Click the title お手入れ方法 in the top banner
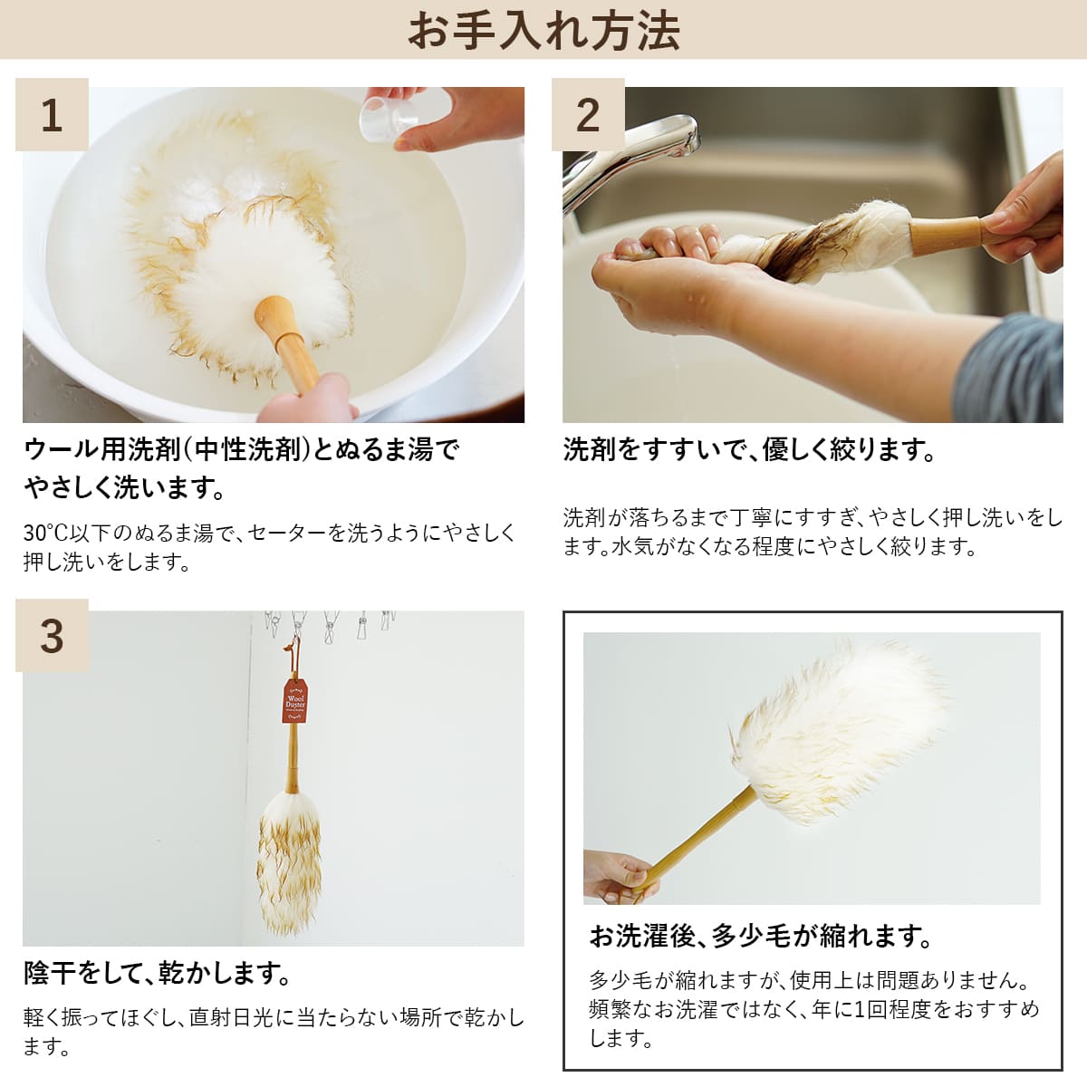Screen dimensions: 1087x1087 tap(543, 32)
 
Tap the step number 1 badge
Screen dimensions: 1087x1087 tap(52, 114)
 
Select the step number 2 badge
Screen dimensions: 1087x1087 tap(588, 114)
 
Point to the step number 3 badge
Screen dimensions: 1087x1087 tap(52, 636)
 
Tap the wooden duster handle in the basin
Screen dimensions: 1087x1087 tap(288, 343)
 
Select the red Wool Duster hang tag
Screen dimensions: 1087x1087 tap(295, 701)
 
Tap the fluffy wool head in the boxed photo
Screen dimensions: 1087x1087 tap(837, 735)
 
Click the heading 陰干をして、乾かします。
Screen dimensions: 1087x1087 tap(158, 973)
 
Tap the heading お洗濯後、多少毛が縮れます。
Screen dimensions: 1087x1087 tap(761, 937)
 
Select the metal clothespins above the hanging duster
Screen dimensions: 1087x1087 tap(329, 626)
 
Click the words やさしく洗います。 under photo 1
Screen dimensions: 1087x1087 tap(125, 488)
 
